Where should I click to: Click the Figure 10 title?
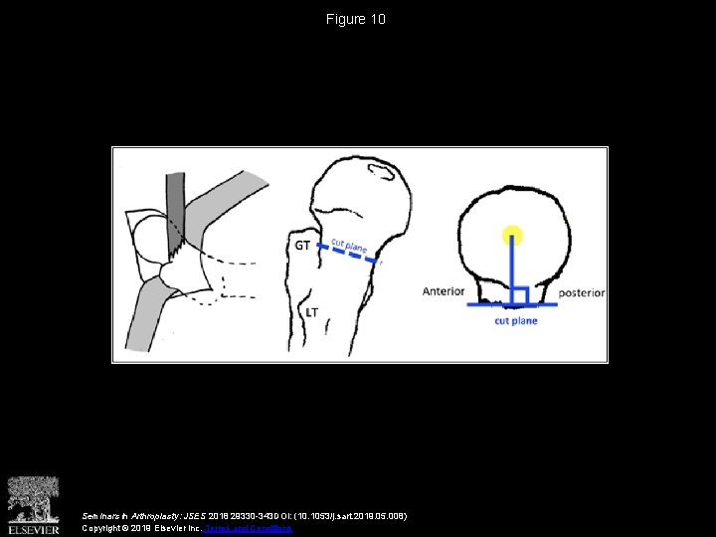pos(357,19)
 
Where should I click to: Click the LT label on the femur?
pos(311,312)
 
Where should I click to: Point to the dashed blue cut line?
pos(348,254)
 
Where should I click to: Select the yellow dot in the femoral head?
pos(512,236)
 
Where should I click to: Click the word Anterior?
pos(444,291)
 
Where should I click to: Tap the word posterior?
pos(582,292)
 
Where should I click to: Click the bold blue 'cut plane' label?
pos(516,321)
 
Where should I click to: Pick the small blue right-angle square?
pos(519,296)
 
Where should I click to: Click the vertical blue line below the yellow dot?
pos(512,268)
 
